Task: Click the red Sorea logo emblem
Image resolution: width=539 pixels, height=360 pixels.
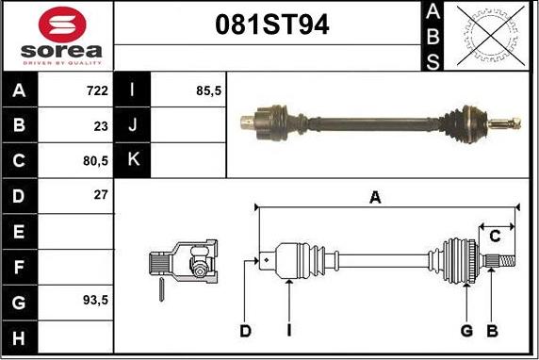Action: pyautogui.click(x=62, y=25)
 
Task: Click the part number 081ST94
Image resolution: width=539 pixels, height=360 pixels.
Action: pyautogui.click(x=272, y=25)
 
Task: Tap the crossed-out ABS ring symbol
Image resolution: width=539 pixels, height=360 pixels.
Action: pyautogui.click(x=491, y=36)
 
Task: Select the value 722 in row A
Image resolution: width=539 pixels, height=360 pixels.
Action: pyautogui.click(x=97, y=90)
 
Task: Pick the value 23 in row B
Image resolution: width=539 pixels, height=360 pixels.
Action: pyautogui.click(x=101, y=126)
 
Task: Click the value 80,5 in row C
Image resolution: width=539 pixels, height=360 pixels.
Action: pyautogui.click(x=95, y=161)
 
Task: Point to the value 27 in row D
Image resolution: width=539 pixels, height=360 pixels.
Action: pyautogui.click(x=101, y=195)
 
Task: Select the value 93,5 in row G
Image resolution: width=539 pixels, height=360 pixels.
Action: pyautogui.click(x=95, y=301)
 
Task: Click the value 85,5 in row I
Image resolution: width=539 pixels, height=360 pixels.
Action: pyautogui.click(x=208, y=90)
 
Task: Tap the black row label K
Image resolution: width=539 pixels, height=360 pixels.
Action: pyautogui.click(x=132, y=159)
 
